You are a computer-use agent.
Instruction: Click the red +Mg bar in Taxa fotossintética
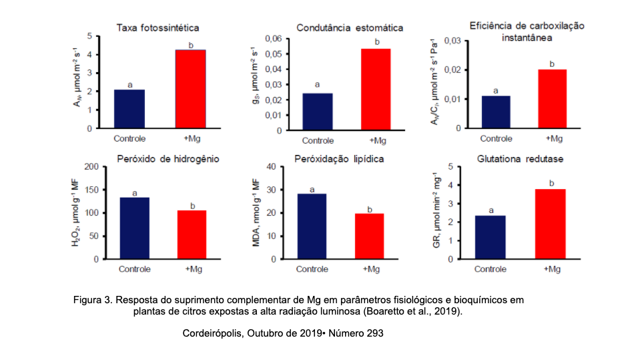coord(190,88)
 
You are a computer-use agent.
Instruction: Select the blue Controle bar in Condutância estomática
coord(317,112)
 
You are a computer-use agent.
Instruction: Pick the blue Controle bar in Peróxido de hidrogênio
coord(134,228)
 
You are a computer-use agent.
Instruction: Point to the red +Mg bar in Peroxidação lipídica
coord(369,236)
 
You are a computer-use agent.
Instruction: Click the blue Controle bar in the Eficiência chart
coord(495,112)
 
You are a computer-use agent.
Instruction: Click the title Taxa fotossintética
coord(158,28)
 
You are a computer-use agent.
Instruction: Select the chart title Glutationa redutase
coord(521,158)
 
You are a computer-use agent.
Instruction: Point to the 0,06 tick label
coord(274,39)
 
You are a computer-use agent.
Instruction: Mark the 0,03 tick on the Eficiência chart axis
coord(452,41)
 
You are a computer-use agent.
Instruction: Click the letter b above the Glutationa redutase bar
coord(551,182)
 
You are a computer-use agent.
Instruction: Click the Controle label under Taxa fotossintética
coord(129,138)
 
